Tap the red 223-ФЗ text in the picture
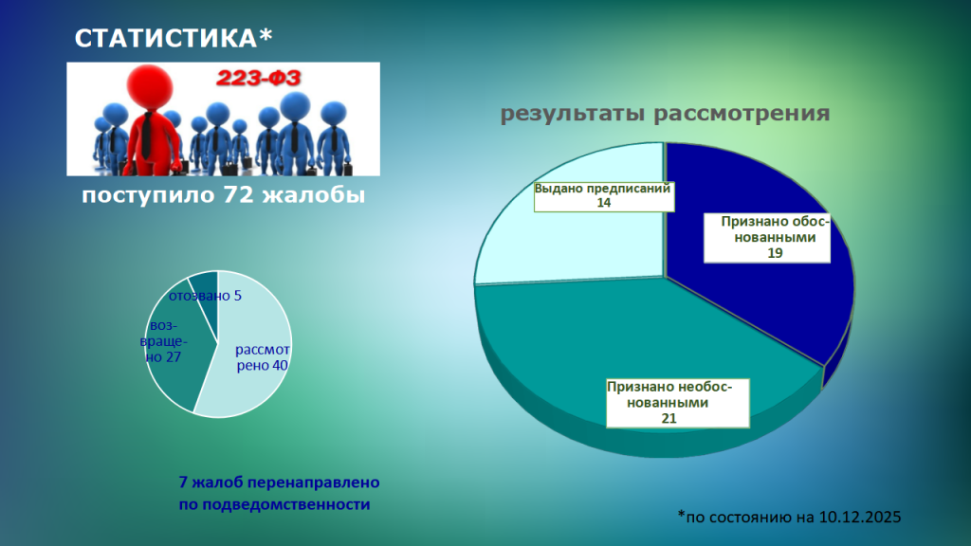[x=259, y=79]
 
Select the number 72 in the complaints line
[x=238, y=196]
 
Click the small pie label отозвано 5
[x=205, y=296]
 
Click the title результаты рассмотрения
[x=665, y=114]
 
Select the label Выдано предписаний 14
[x=603, y=195]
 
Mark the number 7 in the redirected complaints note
[x=183, y=482]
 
